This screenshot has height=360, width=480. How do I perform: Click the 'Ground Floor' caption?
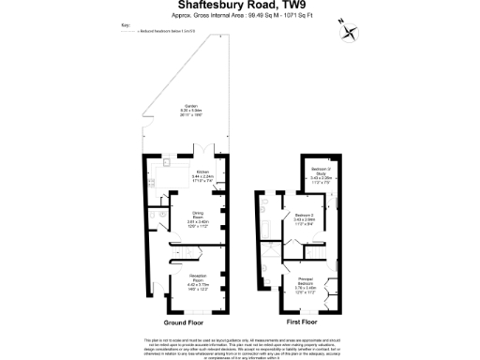click(x=184, y=322)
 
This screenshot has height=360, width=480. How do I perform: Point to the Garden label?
click(x=190, y=111)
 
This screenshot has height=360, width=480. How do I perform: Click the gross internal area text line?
click(x=239, y=17)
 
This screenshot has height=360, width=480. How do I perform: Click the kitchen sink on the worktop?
click(x=166, y=163)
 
